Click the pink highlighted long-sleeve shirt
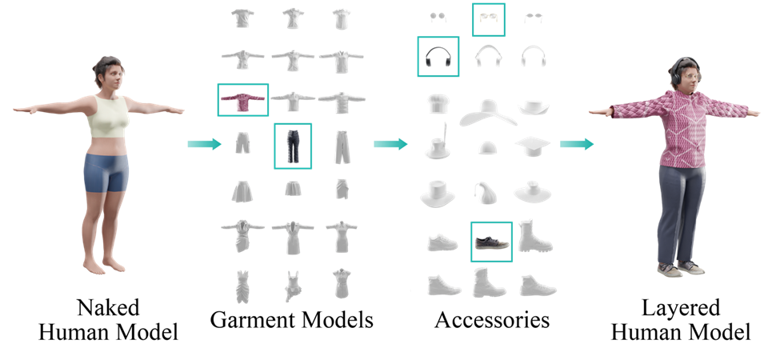(243, 99)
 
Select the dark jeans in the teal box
(293, 146)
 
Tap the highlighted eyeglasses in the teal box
(489, 19)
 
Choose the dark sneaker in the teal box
(491, 242)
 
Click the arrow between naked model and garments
(204, 144)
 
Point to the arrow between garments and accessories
(390, 144)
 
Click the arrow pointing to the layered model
(577, 144)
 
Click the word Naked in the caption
(108, 308)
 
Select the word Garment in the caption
(252, 319)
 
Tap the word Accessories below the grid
(492, 319)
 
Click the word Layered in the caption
(681, 308)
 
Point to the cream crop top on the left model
(109, 117)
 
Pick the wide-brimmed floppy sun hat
(487, 113)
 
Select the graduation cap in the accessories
(532, 146)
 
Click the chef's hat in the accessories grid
(438, 103)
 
